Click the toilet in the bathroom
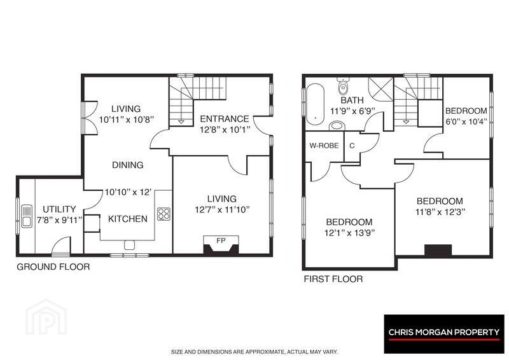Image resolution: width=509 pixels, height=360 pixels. pos(343,85)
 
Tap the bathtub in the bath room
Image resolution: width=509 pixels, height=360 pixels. pos(315,104)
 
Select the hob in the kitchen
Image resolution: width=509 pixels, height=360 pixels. pos(164,214)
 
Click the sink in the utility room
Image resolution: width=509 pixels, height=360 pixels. pos(27,216)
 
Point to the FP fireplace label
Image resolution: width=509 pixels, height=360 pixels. pos(221,240)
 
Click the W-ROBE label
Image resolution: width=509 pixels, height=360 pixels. pos(324,146)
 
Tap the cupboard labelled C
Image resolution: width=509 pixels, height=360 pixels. pos(352,146)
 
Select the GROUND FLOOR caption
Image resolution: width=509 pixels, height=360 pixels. pos(53,267)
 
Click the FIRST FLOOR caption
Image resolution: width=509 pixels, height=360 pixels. pos(333,279)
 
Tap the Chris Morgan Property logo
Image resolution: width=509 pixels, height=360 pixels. pos(444,334)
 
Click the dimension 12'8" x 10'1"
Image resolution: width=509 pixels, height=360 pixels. pos(225,130)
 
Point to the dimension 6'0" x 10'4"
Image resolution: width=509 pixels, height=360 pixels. pos(466,121)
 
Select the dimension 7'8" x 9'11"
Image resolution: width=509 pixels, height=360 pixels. pos(59,221)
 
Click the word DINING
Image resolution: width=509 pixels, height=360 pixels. pos(128,165)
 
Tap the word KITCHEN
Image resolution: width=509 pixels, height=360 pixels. pos(128,219)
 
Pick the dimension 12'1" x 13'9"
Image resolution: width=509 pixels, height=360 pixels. pos(349,233)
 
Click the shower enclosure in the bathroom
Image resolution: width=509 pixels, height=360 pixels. pos(380,89)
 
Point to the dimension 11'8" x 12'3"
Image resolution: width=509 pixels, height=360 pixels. pos(440,212)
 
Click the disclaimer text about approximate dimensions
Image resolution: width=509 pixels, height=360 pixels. pos(254,352)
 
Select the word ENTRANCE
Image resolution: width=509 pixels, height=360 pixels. pos(225,119)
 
